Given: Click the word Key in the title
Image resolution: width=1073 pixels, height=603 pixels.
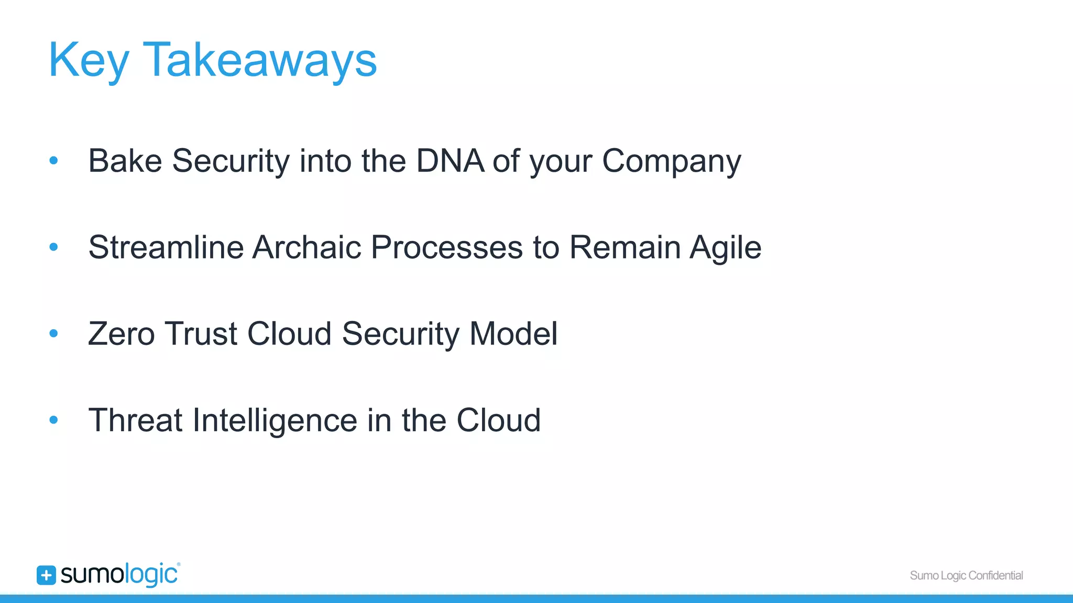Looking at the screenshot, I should tap(88, 61).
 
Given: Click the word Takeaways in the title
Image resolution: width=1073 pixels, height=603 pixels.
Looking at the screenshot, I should tap(259, 61).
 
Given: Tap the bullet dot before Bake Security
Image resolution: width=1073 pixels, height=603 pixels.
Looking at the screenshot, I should tap(53, 161).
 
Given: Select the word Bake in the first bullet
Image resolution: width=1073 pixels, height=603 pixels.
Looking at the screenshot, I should tap(125, 161).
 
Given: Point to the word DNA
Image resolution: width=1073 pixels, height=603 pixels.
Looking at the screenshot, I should tap(450, 161).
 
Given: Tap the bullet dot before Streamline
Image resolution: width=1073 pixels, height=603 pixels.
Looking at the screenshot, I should tap(53, 247).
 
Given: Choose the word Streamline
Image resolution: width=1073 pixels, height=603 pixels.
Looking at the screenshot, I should tap(166, 247).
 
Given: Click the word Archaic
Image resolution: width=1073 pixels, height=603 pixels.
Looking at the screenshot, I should tap(306, 247).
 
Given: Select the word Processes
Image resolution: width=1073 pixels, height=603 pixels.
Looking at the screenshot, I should tap(446, 247).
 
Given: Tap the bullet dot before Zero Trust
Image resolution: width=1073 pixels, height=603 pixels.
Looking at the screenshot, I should tap(53, 333).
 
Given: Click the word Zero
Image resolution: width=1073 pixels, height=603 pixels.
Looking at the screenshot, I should tap(122, 334).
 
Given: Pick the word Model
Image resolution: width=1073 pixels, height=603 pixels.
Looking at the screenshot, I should tap(513, 334).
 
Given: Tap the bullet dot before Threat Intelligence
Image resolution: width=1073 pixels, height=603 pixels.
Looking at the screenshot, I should tap(53, 420).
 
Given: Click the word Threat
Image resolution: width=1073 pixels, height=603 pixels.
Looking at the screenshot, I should tap(135, 420).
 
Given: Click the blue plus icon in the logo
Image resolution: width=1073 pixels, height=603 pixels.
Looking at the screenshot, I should tap(46, 575).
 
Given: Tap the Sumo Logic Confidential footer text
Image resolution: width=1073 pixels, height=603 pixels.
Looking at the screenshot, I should tap(966, 576).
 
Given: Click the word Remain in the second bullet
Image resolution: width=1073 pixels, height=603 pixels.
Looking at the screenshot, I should tap(625, 247).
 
